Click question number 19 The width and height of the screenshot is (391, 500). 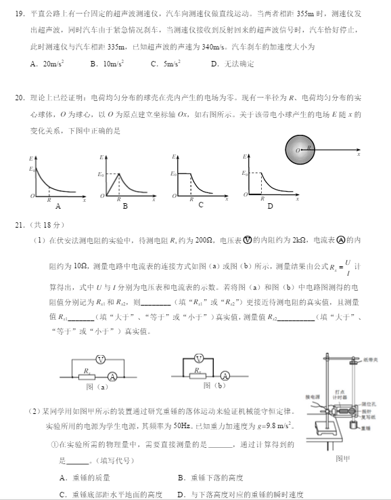click(19, 13)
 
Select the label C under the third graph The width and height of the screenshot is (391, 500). click(201, 205)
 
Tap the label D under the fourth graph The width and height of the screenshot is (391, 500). click(270, 207)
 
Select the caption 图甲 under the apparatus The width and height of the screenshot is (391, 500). click(343, 459)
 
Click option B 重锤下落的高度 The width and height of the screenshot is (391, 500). click(210, 477)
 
